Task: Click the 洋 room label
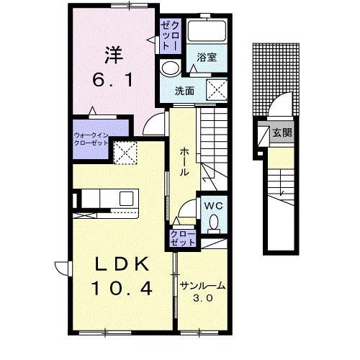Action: point(114,55)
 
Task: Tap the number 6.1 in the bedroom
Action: point(113,80)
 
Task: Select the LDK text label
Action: point(121,264)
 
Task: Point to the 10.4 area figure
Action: point(122,288)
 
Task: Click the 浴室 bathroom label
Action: point(207,58)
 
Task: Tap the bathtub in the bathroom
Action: point(207,31)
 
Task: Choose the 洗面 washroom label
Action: point(184,91)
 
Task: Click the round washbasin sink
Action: point(171,68)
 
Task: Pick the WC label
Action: point(213,206)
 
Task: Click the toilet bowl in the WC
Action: point(214,223)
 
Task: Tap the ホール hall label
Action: point(184,161)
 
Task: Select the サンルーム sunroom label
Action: point(203,286)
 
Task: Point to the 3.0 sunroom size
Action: point(203,298)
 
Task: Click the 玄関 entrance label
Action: point(282,132)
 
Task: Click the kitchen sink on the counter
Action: point(126,198)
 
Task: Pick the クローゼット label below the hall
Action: point(183,238)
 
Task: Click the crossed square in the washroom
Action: point(217,90)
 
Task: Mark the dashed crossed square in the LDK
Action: point(125,153)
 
